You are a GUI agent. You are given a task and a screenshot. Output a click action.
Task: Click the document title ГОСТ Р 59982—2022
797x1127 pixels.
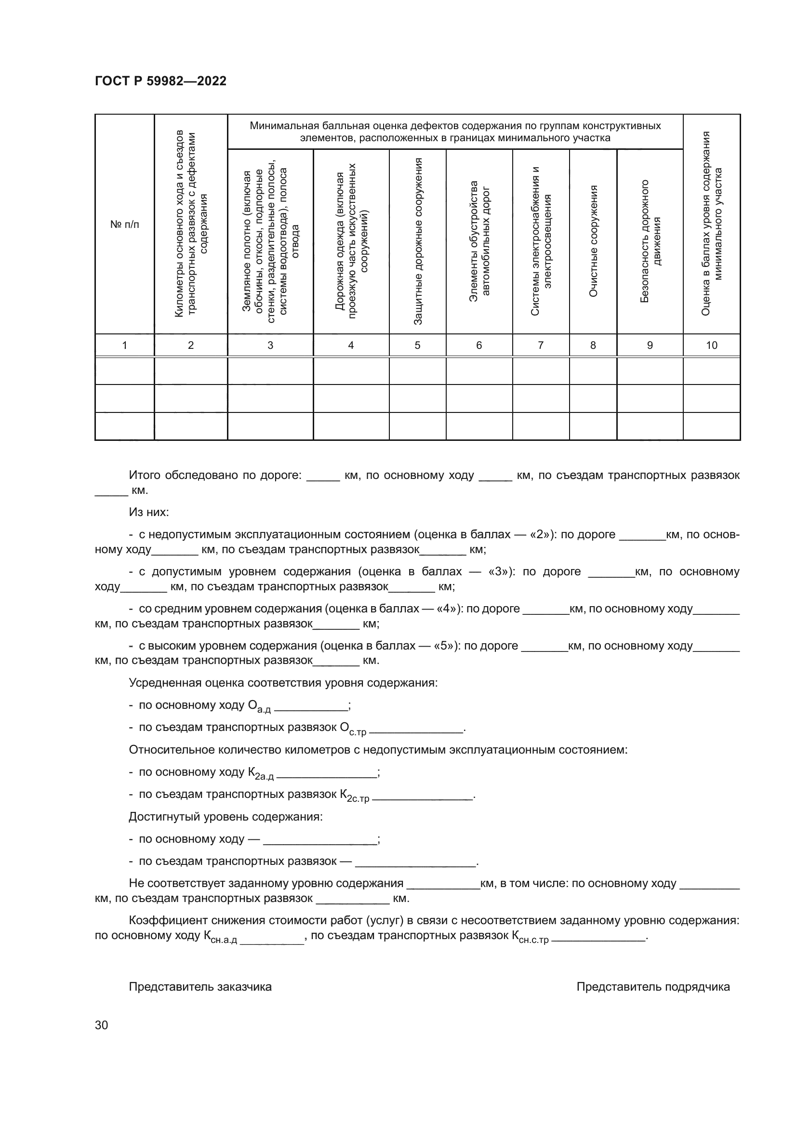click(160, 81)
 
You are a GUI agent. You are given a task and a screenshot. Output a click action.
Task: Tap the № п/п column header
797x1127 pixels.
click(124, 225)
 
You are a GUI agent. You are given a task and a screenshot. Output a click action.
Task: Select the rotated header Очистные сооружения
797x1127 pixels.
click(593, 241)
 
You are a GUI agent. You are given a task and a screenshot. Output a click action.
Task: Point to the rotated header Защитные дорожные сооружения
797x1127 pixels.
click(418, 241)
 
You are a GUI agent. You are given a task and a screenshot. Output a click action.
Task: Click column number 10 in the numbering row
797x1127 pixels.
click(711, 345)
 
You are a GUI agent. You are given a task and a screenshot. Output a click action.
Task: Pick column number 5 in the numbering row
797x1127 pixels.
click(417, 345)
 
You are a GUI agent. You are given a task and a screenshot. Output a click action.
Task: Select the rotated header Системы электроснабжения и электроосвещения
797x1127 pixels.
click(541, 241)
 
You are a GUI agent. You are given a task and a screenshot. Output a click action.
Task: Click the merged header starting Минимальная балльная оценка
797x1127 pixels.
click(455, 132)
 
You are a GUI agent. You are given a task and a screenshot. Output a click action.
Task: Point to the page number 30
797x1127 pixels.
click(101, 1025)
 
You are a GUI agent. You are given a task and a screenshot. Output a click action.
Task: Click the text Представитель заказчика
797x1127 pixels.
click(200, 987)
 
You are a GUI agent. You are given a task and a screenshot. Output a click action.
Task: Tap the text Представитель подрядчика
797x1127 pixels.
click(653, 987)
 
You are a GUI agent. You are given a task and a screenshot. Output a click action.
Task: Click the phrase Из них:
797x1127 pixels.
click(149, 512)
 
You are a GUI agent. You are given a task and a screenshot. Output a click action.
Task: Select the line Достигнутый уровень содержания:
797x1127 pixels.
click(225, 817)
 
